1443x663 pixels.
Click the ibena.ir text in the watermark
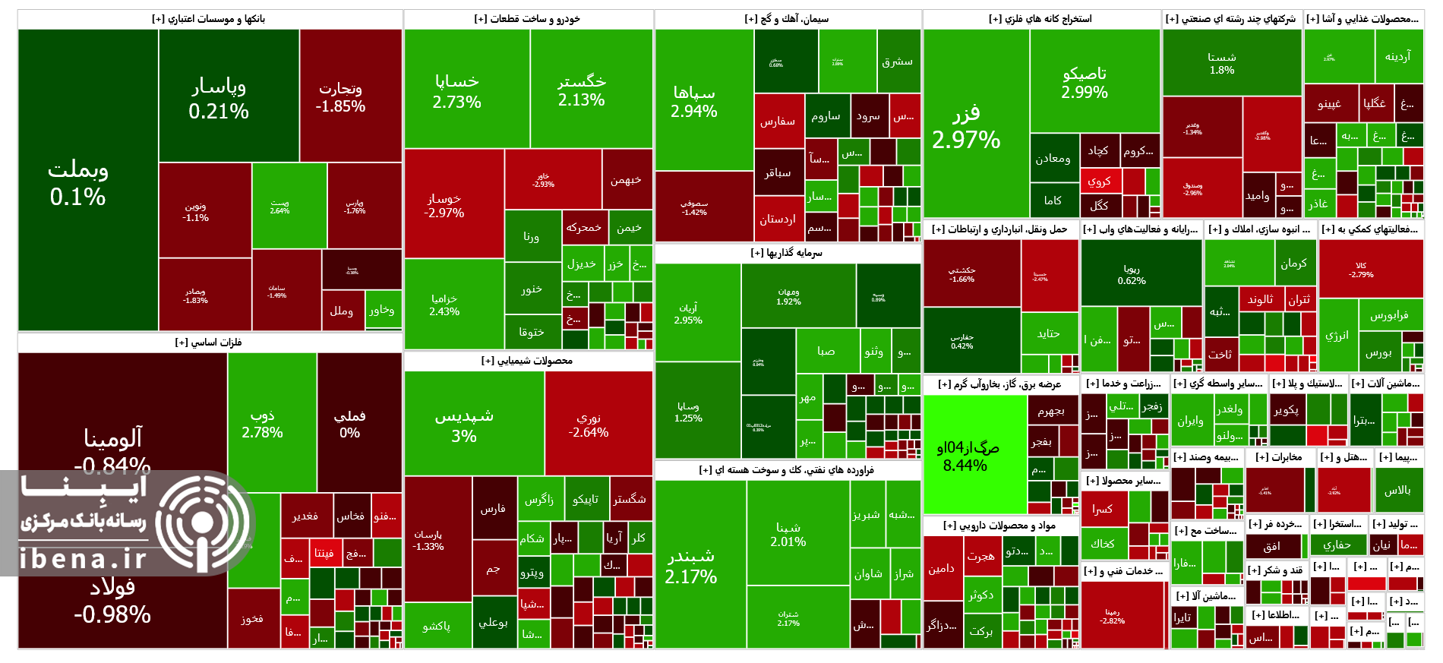[x=84, y=558]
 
